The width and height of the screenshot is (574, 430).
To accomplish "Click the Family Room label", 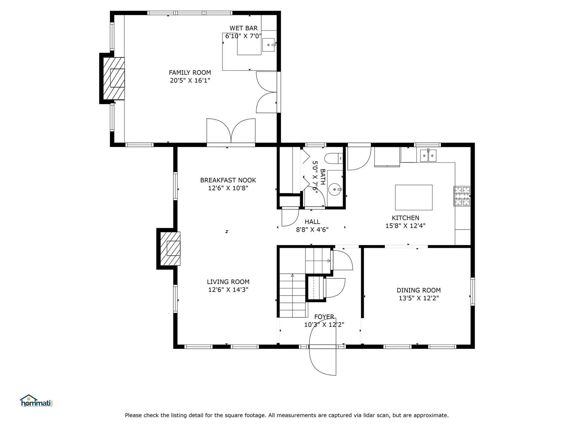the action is click(190, 73).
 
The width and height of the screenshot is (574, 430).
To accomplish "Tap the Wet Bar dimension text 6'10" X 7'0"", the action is click(243, 36).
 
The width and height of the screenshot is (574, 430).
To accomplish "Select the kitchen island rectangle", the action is click(413, 197).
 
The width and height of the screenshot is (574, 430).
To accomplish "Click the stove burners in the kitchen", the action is click(462, 196).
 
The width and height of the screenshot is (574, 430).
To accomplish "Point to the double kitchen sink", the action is click(428, 156).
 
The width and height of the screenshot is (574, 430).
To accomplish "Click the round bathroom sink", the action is click(335, 189).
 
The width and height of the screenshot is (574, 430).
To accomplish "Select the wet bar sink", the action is click(268, 45).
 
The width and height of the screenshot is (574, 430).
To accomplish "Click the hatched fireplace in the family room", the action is click(114, 79).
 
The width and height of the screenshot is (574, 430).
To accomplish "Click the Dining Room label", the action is click(419, 290).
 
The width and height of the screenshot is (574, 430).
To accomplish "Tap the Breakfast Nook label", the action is click(228, 180).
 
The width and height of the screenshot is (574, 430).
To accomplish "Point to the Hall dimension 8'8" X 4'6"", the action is click(312, 230).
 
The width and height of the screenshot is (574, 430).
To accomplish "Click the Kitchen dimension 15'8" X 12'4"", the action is click(405, 226).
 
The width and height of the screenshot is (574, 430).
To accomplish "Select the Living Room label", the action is click(228, 282).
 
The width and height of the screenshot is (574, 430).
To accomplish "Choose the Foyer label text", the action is click(324, 317).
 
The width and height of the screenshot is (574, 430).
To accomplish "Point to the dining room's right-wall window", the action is click(473, 291).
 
